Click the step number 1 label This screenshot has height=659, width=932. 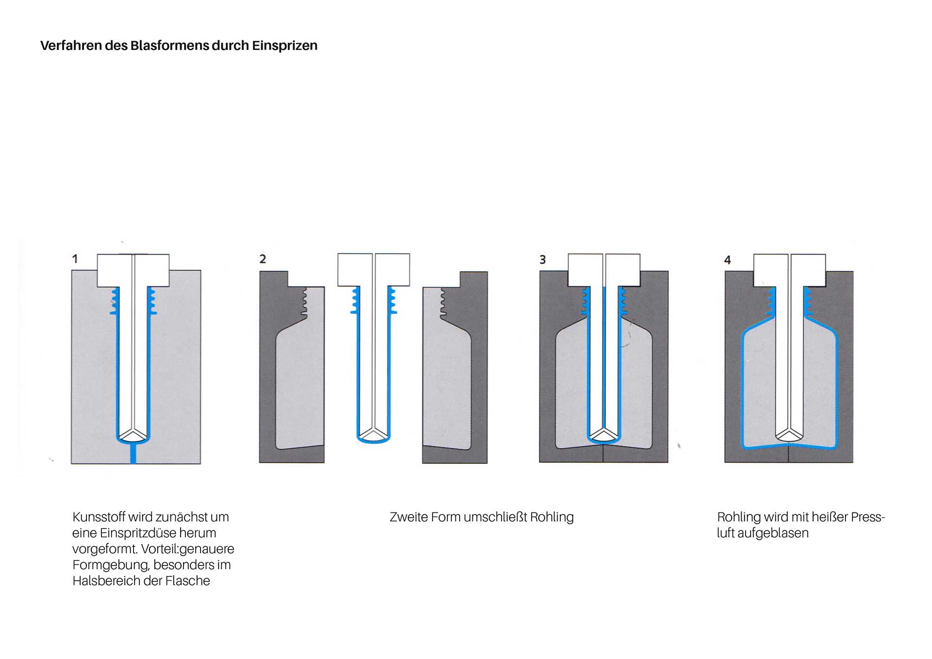click(75, 259)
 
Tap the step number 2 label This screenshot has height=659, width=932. click(263, 259)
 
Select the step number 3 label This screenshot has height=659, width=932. click(543, 260)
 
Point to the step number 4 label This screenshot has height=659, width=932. click(727, 260)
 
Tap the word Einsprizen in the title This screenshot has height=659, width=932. click(284, 46)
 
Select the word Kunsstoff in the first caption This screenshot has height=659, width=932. click(99, 517)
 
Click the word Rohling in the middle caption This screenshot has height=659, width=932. click(552, 517)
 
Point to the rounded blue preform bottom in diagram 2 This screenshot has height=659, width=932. click(373, 441)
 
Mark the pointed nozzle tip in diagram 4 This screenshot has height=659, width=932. click(789, 434)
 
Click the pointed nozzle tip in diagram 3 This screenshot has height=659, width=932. click(603, 434)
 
